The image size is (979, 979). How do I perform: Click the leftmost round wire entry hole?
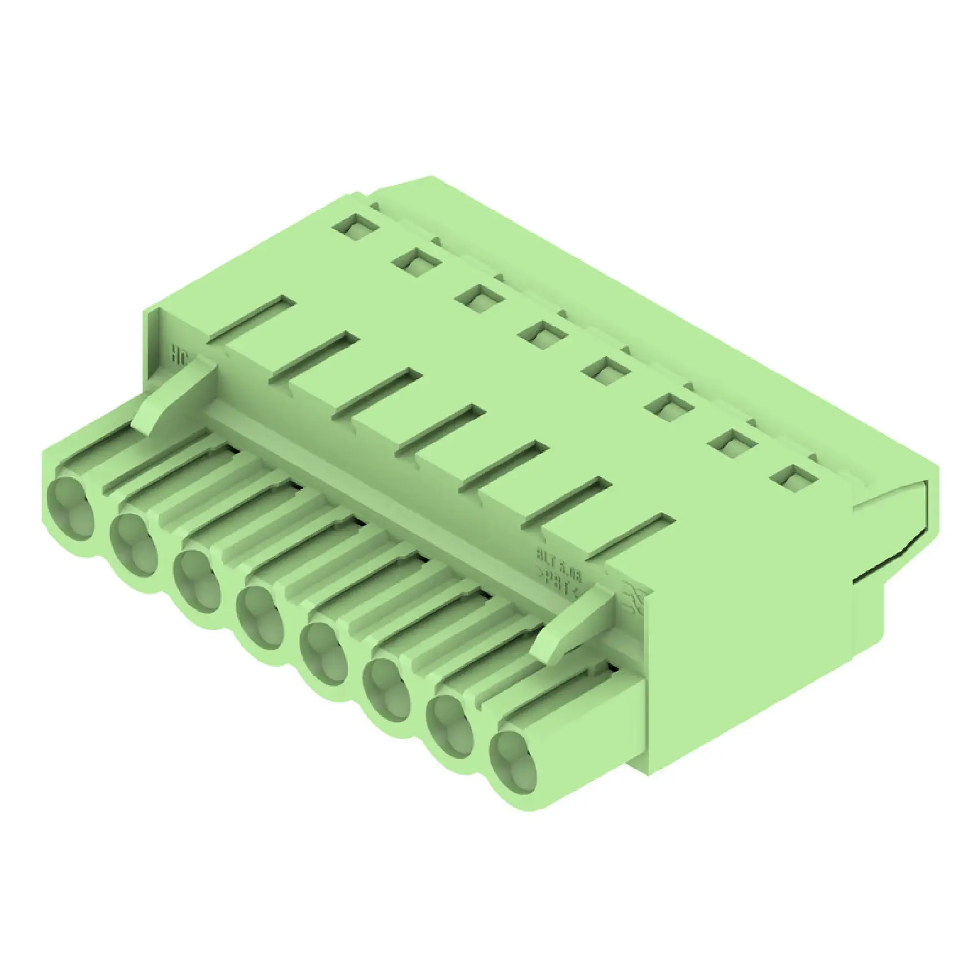[70, 508]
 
